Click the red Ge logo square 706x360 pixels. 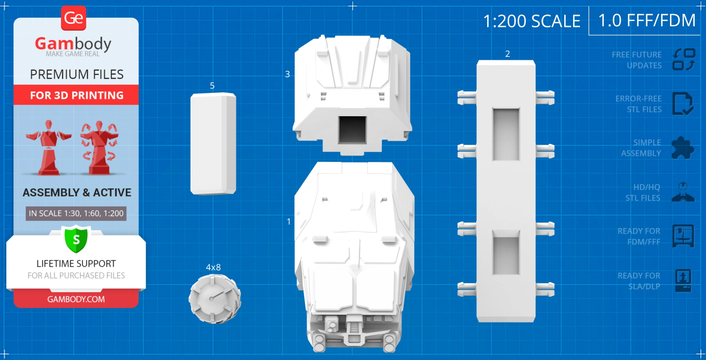73,18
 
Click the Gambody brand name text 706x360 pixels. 73,44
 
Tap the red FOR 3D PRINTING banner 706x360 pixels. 76,95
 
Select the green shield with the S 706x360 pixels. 76,239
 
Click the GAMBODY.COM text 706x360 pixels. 76,299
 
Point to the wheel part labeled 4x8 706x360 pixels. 215,298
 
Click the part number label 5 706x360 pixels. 212,86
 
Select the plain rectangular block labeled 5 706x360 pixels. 213,144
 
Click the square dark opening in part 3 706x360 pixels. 352,130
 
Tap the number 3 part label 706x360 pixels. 287,74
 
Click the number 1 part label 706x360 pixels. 289,221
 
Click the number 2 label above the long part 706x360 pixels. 508,54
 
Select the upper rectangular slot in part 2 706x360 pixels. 506,134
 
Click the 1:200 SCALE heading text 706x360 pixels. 532,21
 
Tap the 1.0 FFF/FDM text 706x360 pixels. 647,21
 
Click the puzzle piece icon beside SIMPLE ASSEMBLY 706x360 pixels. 683,148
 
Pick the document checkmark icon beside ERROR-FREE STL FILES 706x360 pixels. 683,104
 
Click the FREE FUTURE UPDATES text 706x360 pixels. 636,60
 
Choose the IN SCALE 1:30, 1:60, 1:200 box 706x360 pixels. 76,213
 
